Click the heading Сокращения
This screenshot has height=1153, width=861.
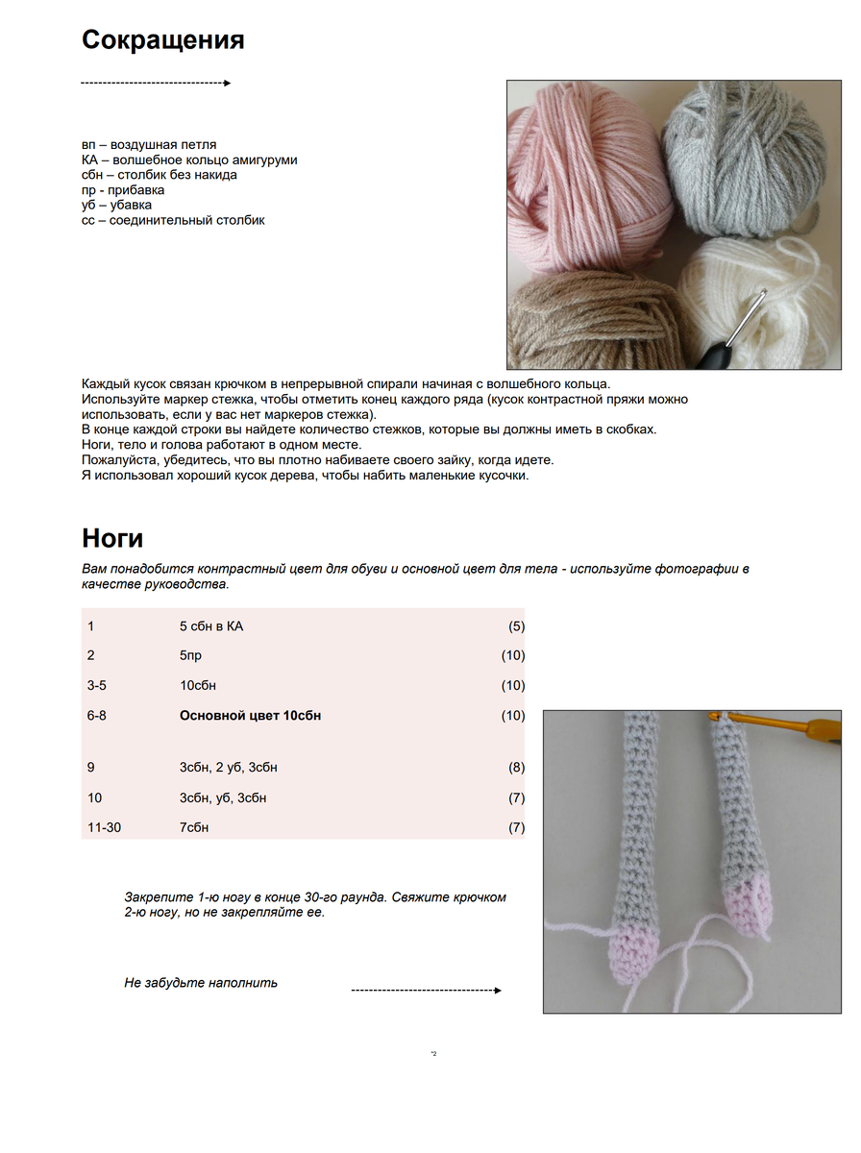point(162,40)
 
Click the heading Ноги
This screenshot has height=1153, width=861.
point(112,537)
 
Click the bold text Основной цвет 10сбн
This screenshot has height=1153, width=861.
point(250,716)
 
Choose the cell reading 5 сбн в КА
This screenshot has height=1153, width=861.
point(211,626)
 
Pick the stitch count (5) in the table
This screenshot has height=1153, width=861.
point(516,626)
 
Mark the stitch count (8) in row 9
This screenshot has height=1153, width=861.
point(516,768)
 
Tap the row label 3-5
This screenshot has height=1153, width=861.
point(97,686)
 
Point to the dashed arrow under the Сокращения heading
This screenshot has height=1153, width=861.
point(156,84)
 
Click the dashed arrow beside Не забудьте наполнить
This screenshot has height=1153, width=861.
point(427,990)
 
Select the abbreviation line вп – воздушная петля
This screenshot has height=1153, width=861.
point(149,144)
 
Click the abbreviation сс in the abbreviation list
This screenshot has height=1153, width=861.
point(88,220)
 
